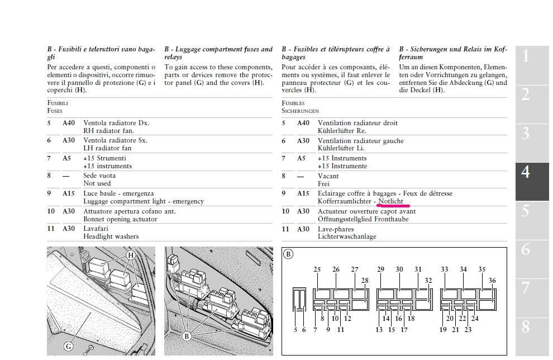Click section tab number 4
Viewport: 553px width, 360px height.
(x=526, y=172)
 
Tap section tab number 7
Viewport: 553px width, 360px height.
(x=526, y=288)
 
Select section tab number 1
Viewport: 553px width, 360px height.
(x=526, y=55)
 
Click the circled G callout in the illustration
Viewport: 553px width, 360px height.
(x=69, y=346)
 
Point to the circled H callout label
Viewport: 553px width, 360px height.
(x=131, y=255)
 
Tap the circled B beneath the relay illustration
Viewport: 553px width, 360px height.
(x=187, y=336)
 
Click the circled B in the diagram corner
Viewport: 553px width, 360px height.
(x=288, y=254)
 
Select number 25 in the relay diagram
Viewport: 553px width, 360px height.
(x=317, y=270)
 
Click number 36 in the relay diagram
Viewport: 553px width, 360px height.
(x=492, y=281)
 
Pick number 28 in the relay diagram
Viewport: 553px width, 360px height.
(x=365, y=281)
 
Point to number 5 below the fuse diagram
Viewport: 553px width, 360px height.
(x=295, y=330)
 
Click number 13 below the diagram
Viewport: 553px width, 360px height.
(x=379, y=330)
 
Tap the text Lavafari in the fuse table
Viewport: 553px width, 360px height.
(x=95, y=229)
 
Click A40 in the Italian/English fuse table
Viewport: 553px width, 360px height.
(x=68, y=123)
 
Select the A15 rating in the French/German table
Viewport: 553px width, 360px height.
(x=303, y=193)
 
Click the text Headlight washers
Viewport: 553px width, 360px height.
(x=111, y=236)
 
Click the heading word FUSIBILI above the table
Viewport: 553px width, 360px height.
(x=58, y=103)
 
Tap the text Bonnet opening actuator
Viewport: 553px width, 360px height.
(x=120, y=219)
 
